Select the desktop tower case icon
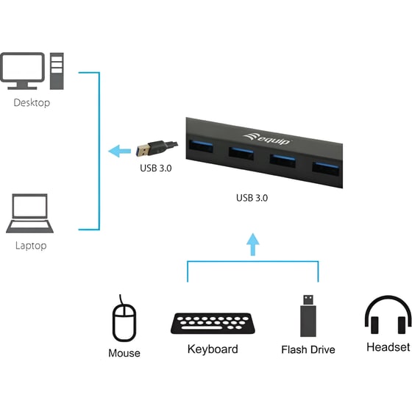click(x=57, y=71)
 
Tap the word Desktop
click(x=32, y=103)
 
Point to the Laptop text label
click(x=30, y=245)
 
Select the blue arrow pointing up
click(x=252, y=244)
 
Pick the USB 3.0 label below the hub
click(x=253, y=197)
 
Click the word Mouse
click(x=124, y=353)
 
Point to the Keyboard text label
click(x=213, y=349)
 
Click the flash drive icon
click(x=309, y=316)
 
